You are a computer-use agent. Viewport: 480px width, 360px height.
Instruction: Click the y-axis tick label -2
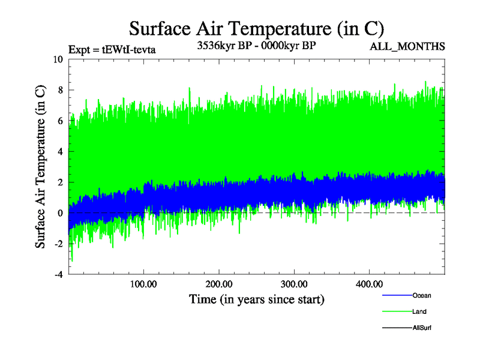tap(58, 244)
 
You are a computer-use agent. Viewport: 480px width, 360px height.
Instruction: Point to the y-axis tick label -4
tap(58, 274)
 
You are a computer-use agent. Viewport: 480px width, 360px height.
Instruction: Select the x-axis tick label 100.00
tap(143, 283)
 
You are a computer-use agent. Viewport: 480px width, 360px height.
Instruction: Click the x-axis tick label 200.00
tap(219, 283)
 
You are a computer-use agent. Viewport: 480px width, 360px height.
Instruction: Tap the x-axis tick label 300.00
tap(294, 283)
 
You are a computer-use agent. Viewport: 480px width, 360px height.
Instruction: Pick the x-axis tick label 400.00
tap(369, 283)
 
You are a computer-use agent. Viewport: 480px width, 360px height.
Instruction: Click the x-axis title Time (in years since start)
tap(257, 299)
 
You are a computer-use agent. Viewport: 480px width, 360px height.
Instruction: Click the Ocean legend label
tap(422, 295)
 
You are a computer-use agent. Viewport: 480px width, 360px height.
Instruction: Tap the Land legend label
tap(419, 311)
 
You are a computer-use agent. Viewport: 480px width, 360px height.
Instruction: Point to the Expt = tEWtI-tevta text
tap(112, 50)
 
